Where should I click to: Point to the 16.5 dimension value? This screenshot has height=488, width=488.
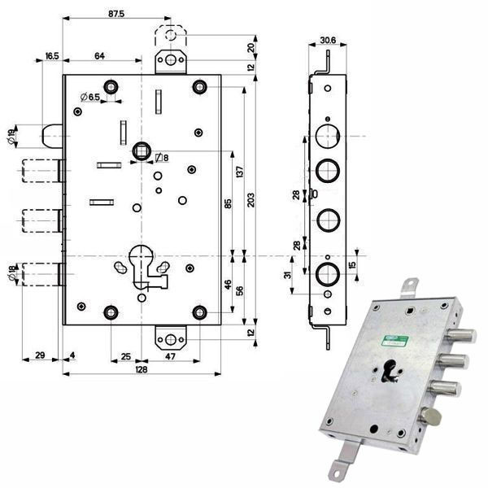click(x=51, y=55)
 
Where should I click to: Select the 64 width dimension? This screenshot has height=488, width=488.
click(x=100, y=55)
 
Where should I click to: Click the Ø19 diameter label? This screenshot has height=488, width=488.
click(x=11, y=137)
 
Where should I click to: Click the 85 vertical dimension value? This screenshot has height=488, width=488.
click(x=228, y=204)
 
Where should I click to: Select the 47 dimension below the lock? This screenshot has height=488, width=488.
click(x=172, y=355)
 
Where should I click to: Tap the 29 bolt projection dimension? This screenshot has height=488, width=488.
click(x=40, y=355)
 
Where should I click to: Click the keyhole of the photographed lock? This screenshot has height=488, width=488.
click(x=390, y=368)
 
